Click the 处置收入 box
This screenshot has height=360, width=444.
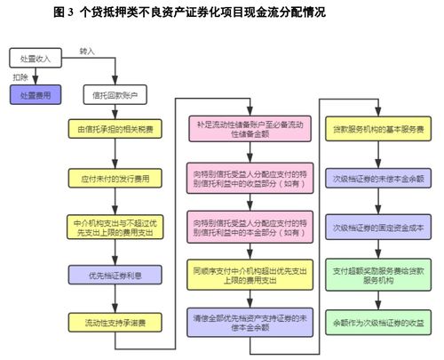pyautogui.click(x=36, y=58)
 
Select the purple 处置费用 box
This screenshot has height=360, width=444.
pyautogui.click(x=36, y=94)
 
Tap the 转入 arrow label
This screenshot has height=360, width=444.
pyautogui.click(x=88, y=52)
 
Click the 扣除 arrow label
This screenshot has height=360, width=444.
pyautogui.click(x=20, y=77)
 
